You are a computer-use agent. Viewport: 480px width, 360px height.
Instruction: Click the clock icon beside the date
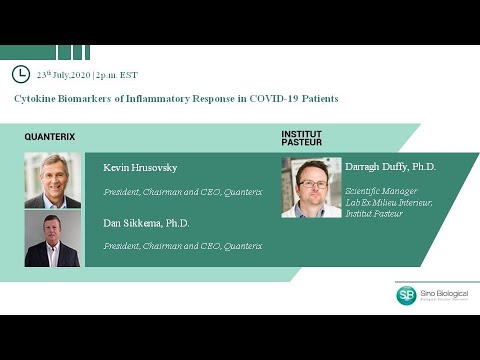(x=20, y=74)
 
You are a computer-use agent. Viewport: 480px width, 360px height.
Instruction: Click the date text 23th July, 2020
(x=64, y=75)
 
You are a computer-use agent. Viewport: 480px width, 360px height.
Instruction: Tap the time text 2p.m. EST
(x=117, y=75)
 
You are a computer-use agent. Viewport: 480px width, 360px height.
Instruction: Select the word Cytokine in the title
(x=35, y=99)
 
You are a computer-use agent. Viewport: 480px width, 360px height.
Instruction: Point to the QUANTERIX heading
(x=50, y=137)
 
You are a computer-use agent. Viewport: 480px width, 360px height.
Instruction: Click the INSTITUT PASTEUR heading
(x=302, y=138)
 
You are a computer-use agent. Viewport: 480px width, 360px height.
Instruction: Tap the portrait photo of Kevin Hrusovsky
(x=52, y=180)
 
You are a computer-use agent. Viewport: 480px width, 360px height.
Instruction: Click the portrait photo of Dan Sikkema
(x=52, y=238)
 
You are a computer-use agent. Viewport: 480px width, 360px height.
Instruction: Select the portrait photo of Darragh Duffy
(x=311, y=187)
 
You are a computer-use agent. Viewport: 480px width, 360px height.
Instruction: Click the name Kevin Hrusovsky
(x=140, y=167)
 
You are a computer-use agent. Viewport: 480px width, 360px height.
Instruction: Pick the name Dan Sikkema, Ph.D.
(x=146, y=223)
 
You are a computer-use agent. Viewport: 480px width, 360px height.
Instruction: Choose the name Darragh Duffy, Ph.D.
(x=390, y=167)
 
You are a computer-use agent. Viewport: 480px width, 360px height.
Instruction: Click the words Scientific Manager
(x=380, y=191)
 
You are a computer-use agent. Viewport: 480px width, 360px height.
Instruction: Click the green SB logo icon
(x=406, y=295)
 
